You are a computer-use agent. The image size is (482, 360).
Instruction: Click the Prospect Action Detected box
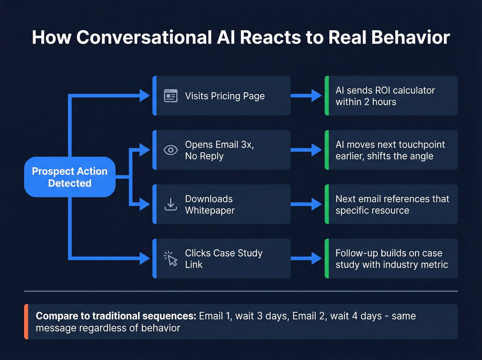click(x=70, y=177)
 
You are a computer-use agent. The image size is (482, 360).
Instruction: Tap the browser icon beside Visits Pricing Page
click(x=171, y=96)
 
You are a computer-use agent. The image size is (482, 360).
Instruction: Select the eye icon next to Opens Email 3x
click(x=171, y=150)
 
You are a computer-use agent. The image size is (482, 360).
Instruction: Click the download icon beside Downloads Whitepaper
click(x=171, y=204)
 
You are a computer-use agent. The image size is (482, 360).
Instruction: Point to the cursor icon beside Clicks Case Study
click(x=171, y=258)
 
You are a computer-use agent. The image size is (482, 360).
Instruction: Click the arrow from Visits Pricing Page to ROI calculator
click(x=306, y=96)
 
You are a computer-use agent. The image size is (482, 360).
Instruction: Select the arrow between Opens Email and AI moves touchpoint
click(x=306, y=150)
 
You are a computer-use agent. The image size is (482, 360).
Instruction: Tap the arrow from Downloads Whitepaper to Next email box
click(x=306, y=204)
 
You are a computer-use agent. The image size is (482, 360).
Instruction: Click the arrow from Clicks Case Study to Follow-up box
click(x=306, y=258)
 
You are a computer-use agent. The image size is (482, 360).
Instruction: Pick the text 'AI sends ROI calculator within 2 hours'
click(x=385, y=96)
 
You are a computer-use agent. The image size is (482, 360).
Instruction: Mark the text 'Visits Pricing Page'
click(x=225, y=96)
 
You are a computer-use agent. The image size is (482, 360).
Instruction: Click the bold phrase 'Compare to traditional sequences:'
click(x=116, y=316)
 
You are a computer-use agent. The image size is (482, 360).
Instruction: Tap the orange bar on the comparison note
click(x=26, y=321)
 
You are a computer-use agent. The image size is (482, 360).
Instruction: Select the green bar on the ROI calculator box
click(x=327, y=96)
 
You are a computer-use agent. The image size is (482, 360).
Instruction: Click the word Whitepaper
click(x=210, y=210)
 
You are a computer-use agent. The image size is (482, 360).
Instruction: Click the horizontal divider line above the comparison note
click(x=241, y=291)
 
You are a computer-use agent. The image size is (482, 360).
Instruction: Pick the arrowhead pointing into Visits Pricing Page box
click(x=145, y=96)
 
